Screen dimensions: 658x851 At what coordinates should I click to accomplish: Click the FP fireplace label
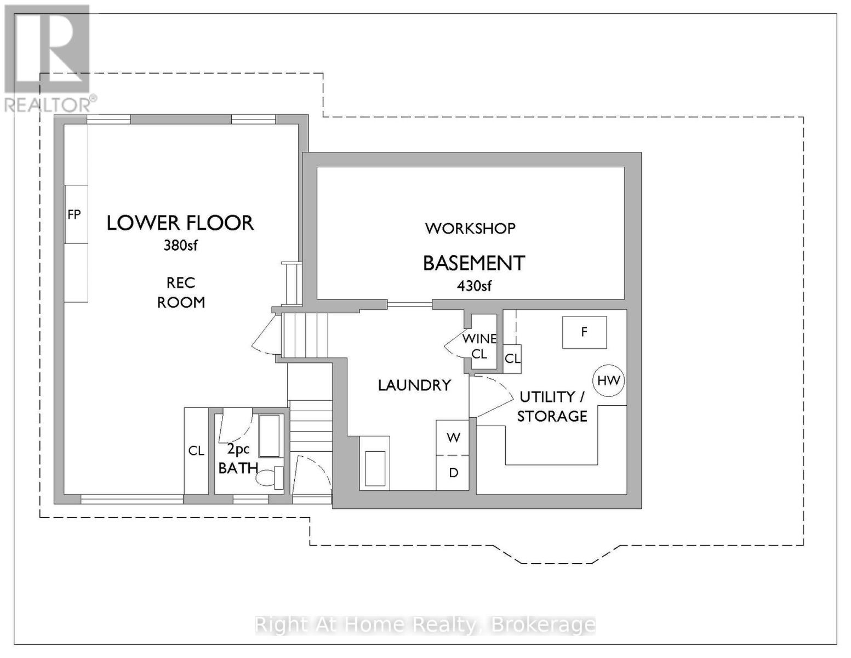(74, 214)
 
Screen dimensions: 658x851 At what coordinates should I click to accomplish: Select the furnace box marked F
(584, 332)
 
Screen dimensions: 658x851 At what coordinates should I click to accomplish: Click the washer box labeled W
(453, 438)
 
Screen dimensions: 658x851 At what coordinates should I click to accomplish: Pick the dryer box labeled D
(453, 473)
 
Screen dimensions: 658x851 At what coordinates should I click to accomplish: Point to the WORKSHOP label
(470, 228)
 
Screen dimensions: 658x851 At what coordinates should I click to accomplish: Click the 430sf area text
(474, 286)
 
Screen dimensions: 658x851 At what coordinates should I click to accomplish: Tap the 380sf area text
(180, 246)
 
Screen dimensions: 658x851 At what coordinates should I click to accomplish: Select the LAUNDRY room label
(414, 385)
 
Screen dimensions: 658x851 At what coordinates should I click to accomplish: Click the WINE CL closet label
(479, 346)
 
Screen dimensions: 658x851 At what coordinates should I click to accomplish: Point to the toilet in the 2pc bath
(269, 477)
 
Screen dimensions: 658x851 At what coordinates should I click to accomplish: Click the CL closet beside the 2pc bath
(196, 451)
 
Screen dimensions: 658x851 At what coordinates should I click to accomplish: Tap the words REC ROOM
(181, 292)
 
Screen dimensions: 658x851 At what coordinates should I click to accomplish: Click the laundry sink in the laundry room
(375, 468)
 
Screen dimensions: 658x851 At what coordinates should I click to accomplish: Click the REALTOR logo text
(49, 105)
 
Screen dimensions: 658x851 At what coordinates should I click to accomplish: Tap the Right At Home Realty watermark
(425, 625)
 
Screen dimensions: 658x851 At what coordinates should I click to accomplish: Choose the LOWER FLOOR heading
(180, 223)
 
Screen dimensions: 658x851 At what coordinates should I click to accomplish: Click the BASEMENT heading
(474, 263)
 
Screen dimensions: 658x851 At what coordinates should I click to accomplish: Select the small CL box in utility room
(512, 359)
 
